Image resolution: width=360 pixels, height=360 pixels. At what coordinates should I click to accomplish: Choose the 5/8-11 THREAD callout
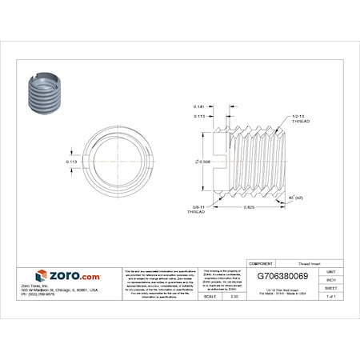point(196,211)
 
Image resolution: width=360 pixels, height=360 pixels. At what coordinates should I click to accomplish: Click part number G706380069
point(285,274)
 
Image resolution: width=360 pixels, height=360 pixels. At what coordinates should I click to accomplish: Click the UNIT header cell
point(331,272)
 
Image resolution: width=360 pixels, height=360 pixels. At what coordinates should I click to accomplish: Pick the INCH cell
point(331,280)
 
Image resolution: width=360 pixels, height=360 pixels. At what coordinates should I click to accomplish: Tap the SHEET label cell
point(331,288)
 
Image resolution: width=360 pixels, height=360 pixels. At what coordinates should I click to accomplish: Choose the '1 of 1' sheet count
point(331,296)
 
